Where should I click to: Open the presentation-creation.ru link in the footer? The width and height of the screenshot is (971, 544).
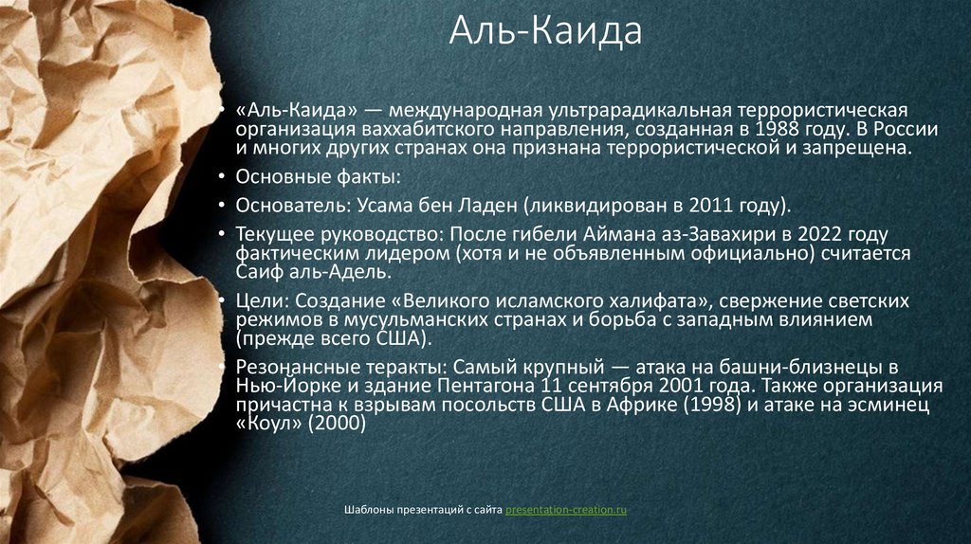coord(566,511)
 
